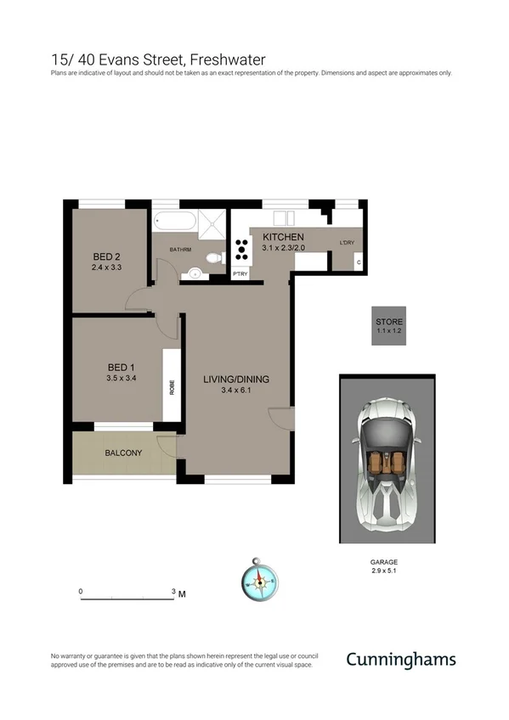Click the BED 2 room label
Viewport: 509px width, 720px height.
coord(106,256)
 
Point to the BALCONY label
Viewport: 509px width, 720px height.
coord(123,453)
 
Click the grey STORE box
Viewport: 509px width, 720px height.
coord(389,325)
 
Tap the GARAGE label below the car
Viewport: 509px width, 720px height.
coord(383,562)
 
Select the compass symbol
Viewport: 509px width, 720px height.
coord(260,582)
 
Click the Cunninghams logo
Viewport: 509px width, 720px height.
coord(400,660)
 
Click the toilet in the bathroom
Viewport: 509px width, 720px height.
coord(214,258)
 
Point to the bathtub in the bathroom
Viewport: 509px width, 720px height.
coord(176,222)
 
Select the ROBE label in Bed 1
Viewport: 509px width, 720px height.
coord(171,386)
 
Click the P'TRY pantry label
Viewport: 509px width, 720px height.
coord(240,274)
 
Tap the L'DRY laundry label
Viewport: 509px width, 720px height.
coord(347,243)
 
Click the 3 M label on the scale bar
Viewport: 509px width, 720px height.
coord(178,593)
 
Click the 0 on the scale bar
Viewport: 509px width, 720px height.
coord(81,591)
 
